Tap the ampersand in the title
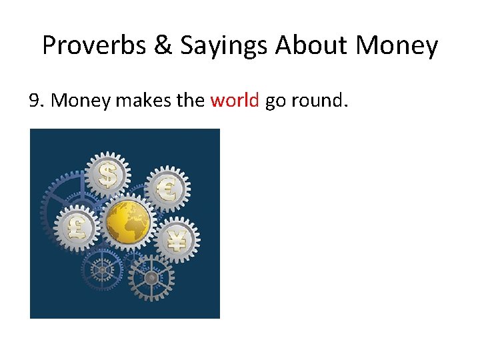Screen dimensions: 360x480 [x=161, y=45]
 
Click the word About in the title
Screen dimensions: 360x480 [x=311, y=45]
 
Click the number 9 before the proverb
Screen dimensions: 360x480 [x=35, y=101]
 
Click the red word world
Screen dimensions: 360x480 [x=234, y=101]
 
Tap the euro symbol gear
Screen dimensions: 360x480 [x=167, y=188]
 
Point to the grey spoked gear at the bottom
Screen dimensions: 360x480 [x=151, y=277]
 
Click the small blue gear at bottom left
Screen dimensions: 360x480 [x=102, y=269]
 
